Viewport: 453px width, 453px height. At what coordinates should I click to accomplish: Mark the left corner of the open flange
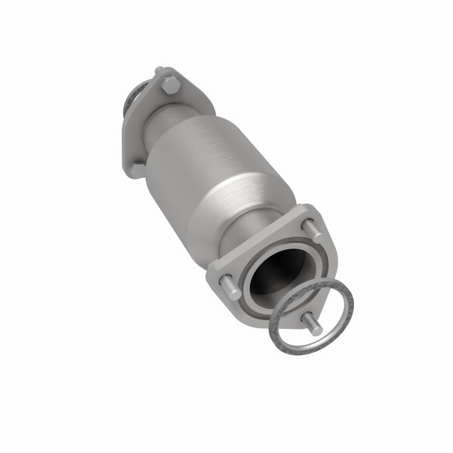212,277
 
